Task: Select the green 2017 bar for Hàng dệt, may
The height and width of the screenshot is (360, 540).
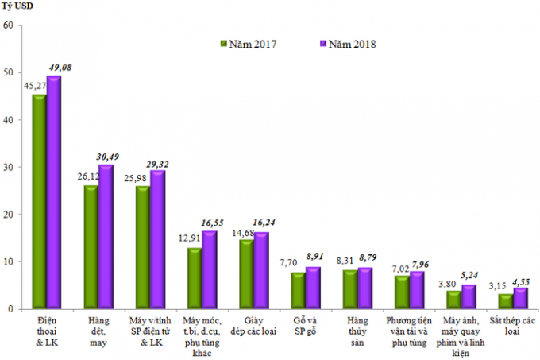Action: tap(91, 247)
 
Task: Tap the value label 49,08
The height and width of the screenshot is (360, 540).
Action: tap(60, 67)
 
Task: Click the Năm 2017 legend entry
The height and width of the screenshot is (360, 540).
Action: tap(253, 44)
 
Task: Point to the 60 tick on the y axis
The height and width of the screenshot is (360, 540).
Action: tap(9, 25)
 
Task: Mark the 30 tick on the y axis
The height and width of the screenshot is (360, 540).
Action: tap(9, 167)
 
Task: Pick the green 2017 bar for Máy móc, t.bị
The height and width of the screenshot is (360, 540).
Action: tap(195, 278)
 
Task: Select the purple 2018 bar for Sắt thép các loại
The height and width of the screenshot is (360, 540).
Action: tap(520, 298)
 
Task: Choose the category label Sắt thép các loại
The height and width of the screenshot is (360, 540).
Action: tap(513, 325)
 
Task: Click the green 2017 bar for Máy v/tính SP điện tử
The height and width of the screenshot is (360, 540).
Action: tap(143, 247)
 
